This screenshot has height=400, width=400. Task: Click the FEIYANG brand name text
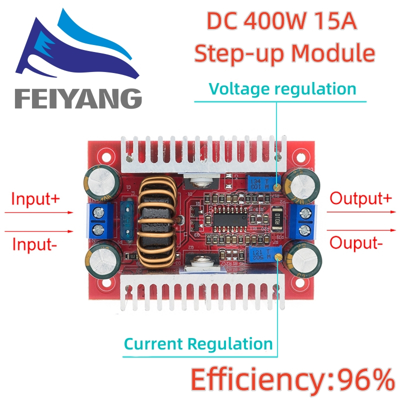(78, 97)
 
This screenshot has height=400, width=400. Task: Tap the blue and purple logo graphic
(75, 47)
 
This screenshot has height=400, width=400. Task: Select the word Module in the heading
(341, 53)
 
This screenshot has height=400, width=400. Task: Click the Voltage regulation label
(282, 89)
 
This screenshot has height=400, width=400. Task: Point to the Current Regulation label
(198, 344)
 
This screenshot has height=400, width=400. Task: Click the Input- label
(33, 244)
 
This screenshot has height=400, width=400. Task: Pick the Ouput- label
(356, 243)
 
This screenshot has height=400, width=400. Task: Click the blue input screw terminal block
(99, 220)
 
